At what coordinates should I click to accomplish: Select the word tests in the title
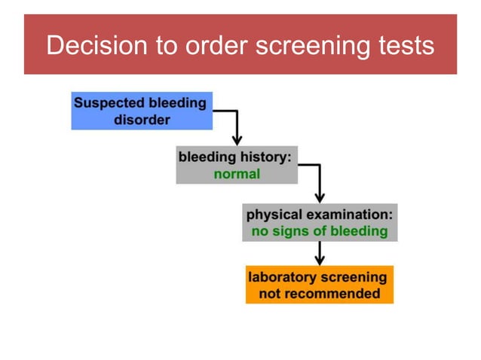pyautogui.click(x=406, y=45)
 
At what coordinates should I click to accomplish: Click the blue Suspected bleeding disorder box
pyautogui.click(x=142, y=111)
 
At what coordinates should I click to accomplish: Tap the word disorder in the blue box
pyautogui.click(x=142, y=120)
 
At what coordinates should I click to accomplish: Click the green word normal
pyautogui.click(x=237, y=174)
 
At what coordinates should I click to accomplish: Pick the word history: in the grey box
pyautogui.click(x=265, y=157)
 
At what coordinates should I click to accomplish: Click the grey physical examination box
pyautogui.click(x=320, y=222)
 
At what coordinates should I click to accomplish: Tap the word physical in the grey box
pyautogui.click(x=274, y=214)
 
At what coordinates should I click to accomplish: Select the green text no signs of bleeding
pyautogui.click(x=320, y=231)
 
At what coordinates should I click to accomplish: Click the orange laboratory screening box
pyautogui.click(x=319, y=285)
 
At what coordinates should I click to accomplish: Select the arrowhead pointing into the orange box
pyautogui.click(x=320, y=258)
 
